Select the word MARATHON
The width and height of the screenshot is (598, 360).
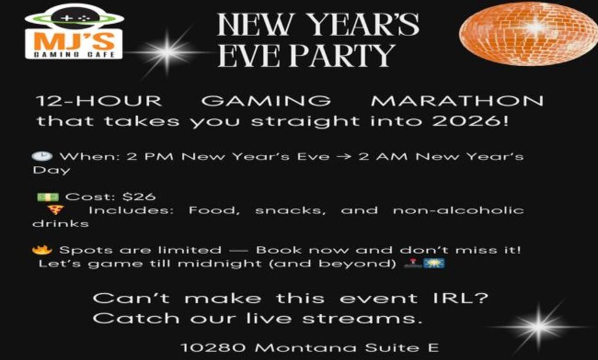[x=458, y=102]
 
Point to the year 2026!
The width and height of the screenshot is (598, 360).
[x=479, y=121]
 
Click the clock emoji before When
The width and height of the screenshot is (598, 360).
[x=38, y=156]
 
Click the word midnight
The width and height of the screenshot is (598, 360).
[x=187, y=264]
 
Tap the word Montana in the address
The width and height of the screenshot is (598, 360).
[x=298, y=348]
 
